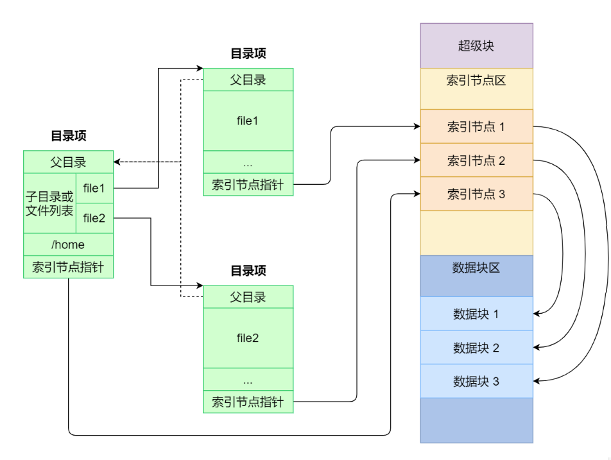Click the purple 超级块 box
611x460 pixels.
(476, 46)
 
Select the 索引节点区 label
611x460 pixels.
(476, 81)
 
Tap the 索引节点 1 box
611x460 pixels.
(476, 126)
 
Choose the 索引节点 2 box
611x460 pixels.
(476, 160)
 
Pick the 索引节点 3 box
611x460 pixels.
(476, 194)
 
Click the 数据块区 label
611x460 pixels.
(476, 268)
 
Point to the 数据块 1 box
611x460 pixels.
(476, 314)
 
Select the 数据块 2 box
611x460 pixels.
(476, 348)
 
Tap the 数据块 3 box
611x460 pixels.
(476, 382)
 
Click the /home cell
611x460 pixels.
(68, 244)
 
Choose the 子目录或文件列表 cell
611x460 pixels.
(49, 203)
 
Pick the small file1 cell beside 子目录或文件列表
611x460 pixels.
(94, 188)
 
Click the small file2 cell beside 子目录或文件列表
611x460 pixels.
(94, 218)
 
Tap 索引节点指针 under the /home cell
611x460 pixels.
(68, 267)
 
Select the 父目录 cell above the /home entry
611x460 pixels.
(68, 162)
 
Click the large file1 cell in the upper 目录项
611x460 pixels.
(248, 121)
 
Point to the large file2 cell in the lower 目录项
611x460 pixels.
(248, 338)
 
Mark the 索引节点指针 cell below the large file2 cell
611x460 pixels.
(248, 402)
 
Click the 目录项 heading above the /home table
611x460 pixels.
(68, 136)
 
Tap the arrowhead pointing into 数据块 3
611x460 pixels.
(537, 381)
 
